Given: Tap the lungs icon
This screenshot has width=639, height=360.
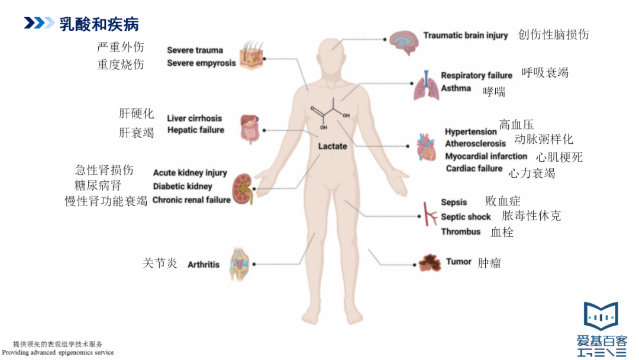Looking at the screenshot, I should (424, 83).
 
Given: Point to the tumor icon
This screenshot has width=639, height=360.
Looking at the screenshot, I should (430, 262).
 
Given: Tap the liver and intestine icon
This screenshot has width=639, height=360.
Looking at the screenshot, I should (249, 128).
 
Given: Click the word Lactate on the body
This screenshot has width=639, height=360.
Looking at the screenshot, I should (333, 146).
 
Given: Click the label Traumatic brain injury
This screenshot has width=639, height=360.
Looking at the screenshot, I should (465, 36).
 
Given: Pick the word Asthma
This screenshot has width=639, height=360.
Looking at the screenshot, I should (456, 89).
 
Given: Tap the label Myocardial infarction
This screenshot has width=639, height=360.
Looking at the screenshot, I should (486, 156).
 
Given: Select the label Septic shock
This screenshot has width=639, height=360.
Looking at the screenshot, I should (466, 217).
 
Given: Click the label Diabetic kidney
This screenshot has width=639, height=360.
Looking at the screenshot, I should (182, 187).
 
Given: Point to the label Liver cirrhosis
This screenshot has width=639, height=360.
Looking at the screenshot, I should (195, 118).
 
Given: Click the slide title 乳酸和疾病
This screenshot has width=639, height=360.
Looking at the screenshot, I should (99, 24).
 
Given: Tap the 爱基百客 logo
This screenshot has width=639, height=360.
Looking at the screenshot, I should (601, 329).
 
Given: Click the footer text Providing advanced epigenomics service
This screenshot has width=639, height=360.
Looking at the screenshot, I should (62, 352).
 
